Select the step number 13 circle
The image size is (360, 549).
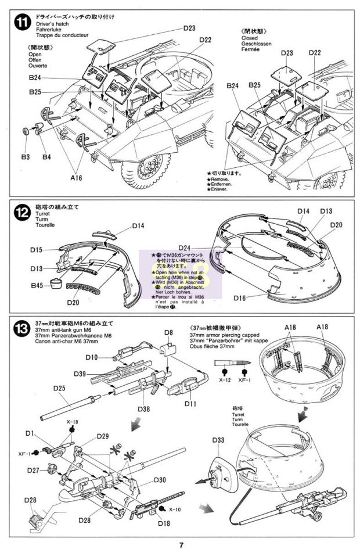click(x=21, y=329)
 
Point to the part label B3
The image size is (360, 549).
click(x=25, y=157)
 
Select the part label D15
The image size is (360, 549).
click(x=35, y=250)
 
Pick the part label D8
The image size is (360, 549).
click(x=169, y=333)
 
